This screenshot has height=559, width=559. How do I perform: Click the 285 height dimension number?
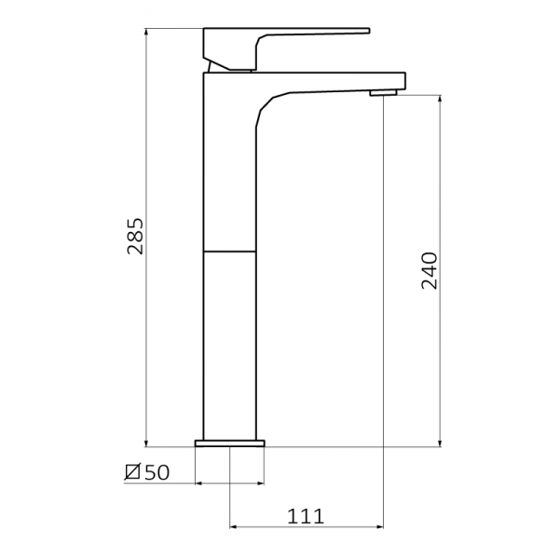135,238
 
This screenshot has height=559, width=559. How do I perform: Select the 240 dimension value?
429,270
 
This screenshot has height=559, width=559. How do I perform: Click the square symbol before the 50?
132,473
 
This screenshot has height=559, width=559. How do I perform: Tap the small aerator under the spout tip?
383,92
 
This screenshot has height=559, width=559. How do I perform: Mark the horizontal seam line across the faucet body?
229,252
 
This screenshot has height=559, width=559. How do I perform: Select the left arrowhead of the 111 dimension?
234,527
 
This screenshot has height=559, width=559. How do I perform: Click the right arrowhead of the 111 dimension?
379,527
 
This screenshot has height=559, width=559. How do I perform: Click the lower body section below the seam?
229,345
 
